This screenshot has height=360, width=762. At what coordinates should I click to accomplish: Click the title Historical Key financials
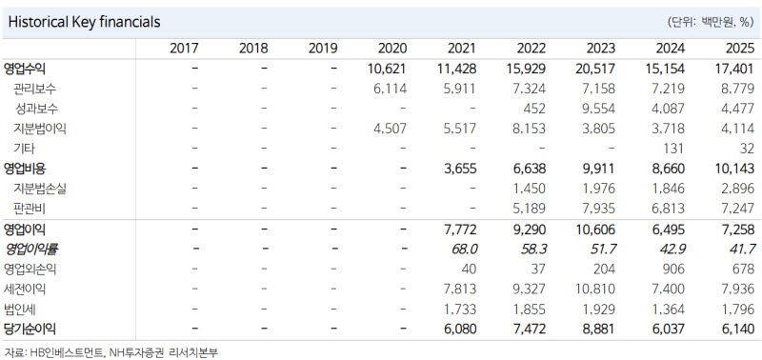tap(85, 22)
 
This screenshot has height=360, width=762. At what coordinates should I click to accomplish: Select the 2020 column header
tap(392, 49)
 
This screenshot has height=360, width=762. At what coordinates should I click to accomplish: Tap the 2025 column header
tap(739, 49)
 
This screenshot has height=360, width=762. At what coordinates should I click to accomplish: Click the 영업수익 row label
tap(25, 69)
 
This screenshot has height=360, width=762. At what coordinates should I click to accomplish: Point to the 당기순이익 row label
tap(30, 330)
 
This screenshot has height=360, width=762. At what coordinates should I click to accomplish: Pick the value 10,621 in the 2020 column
tap(388, 69)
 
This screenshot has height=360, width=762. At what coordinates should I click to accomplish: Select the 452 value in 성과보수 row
tap(534, 109)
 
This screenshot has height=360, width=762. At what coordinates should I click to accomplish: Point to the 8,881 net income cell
tap(599, 330)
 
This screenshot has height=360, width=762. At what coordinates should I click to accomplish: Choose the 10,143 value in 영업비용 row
tap(734, 169)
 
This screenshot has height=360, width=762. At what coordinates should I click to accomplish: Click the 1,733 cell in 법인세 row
tap(460, 310)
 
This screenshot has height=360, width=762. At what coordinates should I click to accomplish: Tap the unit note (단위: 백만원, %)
tap(711, 22)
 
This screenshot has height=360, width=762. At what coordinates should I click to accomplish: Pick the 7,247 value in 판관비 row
tap(737, 209)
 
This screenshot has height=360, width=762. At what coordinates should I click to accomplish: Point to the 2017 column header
tap(184, 49)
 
